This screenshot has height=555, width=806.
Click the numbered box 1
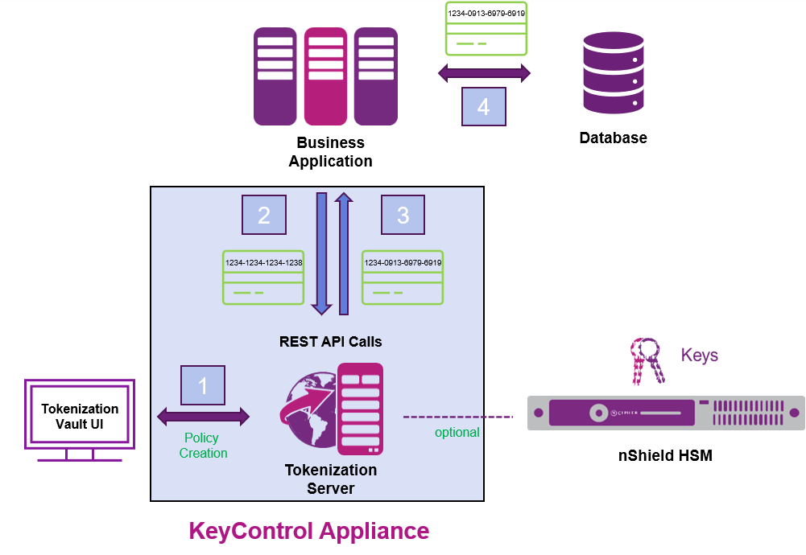pos(203,385)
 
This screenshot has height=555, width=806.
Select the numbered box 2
pos(264,215)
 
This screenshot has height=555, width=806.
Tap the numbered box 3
pos(403,215)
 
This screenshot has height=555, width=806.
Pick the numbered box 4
pos(483,106)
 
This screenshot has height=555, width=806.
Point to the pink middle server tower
pos(325,76)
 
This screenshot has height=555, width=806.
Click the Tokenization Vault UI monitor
pos(80,414)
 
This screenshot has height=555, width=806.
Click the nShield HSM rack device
pos(665,413)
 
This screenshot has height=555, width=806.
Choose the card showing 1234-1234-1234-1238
pos(263,277)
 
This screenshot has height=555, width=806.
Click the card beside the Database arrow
pos(486,28)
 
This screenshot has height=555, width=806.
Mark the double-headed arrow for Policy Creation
pos(203,417)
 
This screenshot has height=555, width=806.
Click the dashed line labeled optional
pos(457,417)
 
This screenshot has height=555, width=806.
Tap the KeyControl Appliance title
pos(308,531)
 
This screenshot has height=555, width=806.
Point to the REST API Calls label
pos(330,342)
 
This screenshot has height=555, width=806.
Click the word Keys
pos(699,356)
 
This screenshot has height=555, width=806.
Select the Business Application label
pos(330,152)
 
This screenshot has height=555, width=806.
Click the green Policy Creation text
pos(203,446)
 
